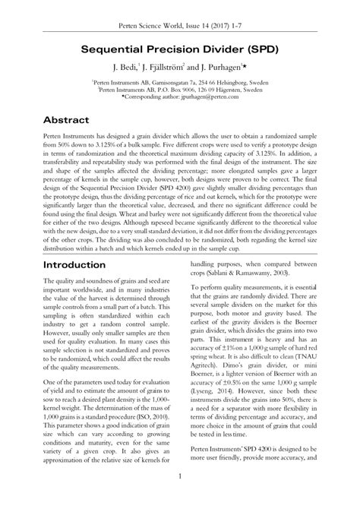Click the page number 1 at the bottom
[x=180, y=497]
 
